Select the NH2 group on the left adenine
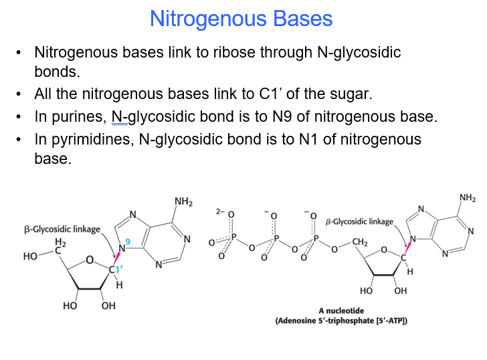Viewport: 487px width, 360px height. coord(183,201)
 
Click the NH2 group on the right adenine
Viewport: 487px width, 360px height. coord(468,197)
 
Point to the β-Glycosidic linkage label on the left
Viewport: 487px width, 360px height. coord(62,230)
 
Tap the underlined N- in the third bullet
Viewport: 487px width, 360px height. coord(119,117)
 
